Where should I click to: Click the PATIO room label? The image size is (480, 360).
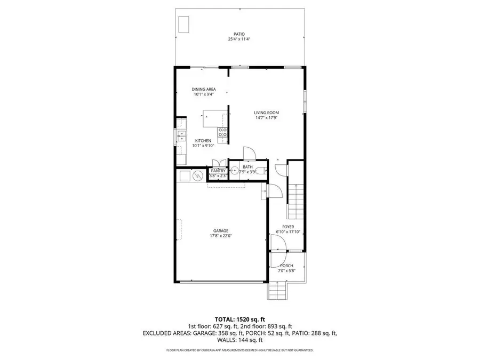point(239,33)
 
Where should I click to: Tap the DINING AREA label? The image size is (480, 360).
point(204,90)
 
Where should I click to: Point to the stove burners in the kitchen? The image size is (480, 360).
point(223,131)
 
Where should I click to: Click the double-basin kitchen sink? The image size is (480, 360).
point(181,136)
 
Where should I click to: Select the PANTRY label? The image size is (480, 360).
point(218,171)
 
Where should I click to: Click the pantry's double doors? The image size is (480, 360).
point(218,163)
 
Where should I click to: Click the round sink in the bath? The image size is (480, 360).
point(233,171)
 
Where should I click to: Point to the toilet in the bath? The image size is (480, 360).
point(258,171)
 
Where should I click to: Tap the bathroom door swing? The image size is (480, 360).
point(249,153)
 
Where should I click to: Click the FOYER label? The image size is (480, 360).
point(289,227)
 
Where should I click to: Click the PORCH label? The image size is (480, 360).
point(286,266)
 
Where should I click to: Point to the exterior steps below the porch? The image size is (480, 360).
point(277,290)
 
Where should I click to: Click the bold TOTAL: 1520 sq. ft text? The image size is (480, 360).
point(239,317)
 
